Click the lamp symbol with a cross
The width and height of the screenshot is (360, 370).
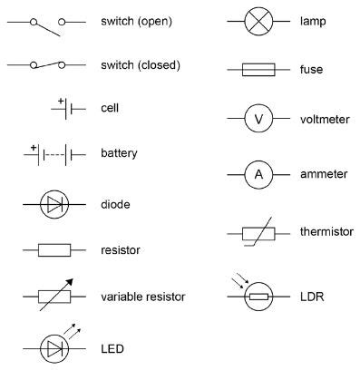pyautogui.click(x=258, y=21)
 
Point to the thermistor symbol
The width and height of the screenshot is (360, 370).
pyautogui.click(x=258, y=232)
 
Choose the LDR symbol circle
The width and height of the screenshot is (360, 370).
pyautogui.click(x=258, y=297)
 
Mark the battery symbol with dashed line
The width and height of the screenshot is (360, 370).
pyautogui.click(x=54, y=155)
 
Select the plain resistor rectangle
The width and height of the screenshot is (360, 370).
pyautogui.click(x=53, y=248)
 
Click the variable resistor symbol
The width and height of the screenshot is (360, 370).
pyautogui.click(x=53, y=295)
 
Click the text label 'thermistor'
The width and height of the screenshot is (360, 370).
pyautogui.click(x=326, y=232)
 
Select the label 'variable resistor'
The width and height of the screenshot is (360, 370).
pyautogui.click(x=143, y=297)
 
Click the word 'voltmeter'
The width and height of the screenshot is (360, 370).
pyautogui.click(x=323, y=120)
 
